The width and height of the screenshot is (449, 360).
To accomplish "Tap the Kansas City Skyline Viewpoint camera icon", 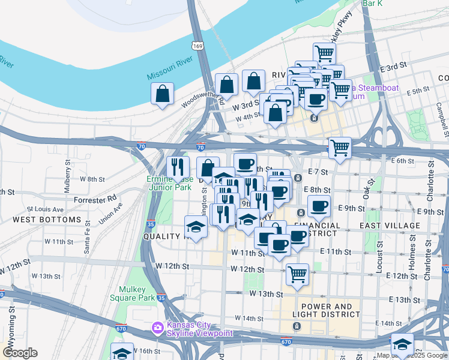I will (x=157, y=327).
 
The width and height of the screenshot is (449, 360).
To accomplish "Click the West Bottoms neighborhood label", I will (x=47, y=220).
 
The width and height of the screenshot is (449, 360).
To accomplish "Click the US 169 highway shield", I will (x=197, y=46).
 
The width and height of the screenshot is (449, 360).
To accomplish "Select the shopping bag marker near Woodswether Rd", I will (x=163, y=94).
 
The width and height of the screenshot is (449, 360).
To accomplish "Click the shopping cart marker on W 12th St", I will (x=297, y=274).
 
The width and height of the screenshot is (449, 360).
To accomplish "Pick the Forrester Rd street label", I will (x=95, y=199).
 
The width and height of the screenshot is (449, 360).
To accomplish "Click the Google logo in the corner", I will (x=20, y=353).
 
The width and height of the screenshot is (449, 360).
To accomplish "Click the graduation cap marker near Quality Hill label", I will (x=196, y=227).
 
